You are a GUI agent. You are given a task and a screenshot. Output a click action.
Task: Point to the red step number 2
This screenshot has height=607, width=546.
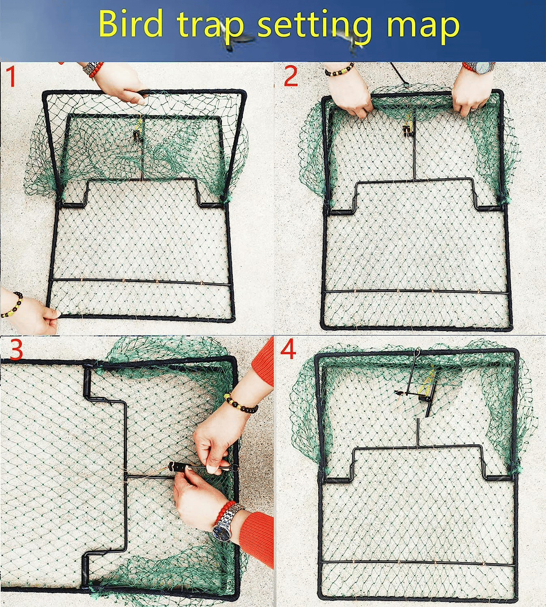291,77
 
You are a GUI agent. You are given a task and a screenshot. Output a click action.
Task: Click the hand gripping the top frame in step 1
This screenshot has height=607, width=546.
125,87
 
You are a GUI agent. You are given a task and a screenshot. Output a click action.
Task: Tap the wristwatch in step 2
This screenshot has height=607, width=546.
483,68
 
